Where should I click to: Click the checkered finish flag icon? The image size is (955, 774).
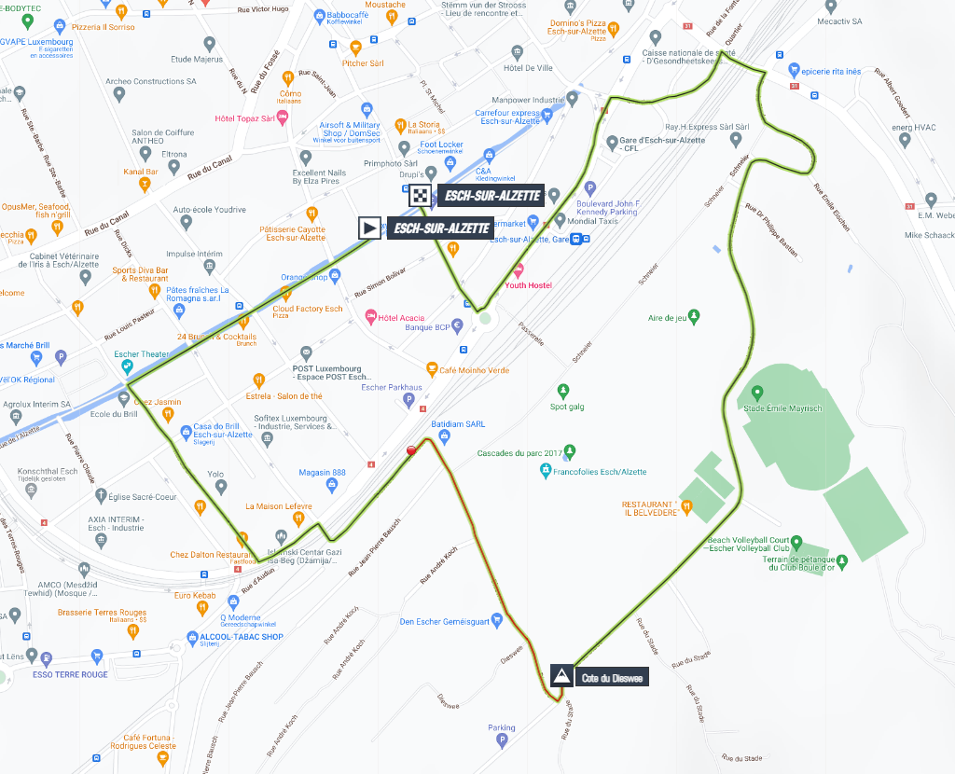tap(421, 196)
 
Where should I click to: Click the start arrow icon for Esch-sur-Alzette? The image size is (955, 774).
tap(370, 228)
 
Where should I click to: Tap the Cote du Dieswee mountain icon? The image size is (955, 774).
tap(561, 676)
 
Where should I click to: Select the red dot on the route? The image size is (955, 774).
tap(411, 451)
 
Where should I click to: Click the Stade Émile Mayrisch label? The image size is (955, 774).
tap(781, 408)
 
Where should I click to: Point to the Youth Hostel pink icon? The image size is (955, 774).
tap(518, 270)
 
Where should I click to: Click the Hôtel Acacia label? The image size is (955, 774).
tap(401, 317)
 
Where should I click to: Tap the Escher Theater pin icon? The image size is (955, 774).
tap(128, 366)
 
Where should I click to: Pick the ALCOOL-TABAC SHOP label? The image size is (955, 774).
tap(241, 637)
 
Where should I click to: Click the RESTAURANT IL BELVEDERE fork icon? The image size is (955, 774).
tap(687, 507)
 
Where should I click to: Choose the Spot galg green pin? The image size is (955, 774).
tap(562, 391)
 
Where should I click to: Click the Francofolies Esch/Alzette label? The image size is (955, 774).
tap(600, 473)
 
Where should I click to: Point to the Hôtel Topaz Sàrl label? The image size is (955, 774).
tap(244, 118)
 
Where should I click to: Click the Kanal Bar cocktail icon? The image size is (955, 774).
tap(144, 185)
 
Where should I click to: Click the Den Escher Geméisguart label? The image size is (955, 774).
tap(445, 622)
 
